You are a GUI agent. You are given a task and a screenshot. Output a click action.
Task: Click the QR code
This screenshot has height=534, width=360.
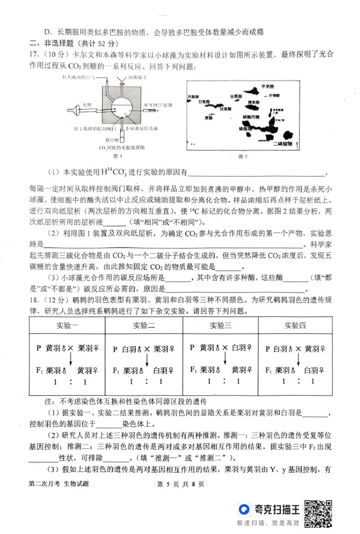pos(318,513)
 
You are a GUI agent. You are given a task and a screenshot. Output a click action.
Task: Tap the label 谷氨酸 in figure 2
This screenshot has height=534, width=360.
pos(236,96)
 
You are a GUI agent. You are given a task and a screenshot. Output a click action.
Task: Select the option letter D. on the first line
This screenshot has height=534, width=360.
pos(48,31)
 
